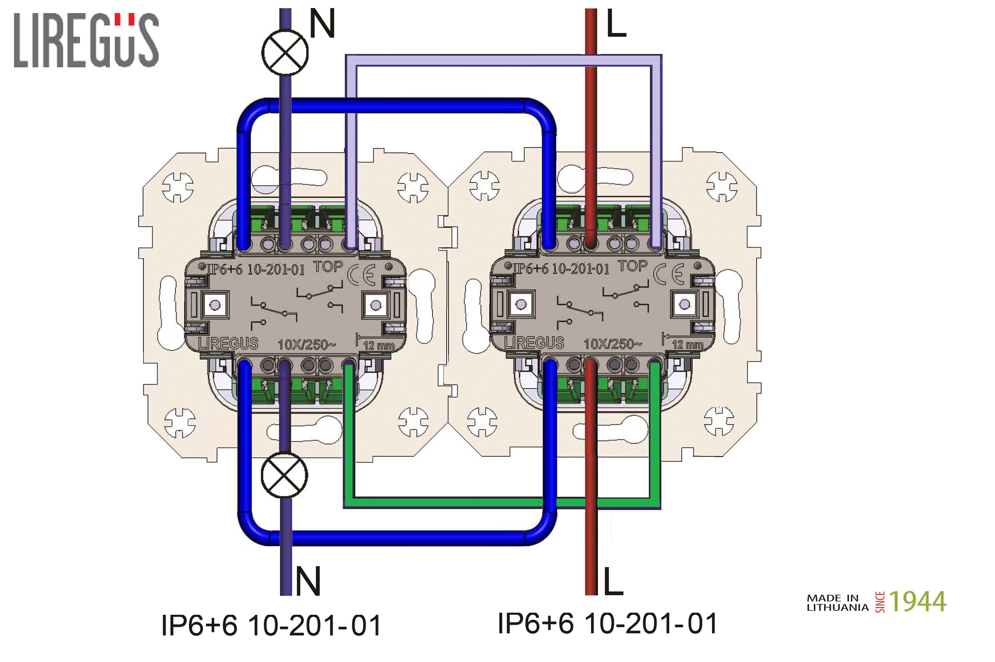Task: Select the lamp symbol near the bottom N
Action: click(x=285, y=475)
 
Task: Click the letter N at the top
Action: click(x=322, y=24)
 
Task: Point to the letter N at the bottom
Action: click(x=308, y=581)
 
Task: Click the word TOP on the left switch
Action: click(x=328, y=267)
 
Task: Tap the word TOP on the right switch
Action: click(x=632, y=266)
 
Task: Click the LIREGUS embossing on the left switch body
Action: click(x=228, y=343)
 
